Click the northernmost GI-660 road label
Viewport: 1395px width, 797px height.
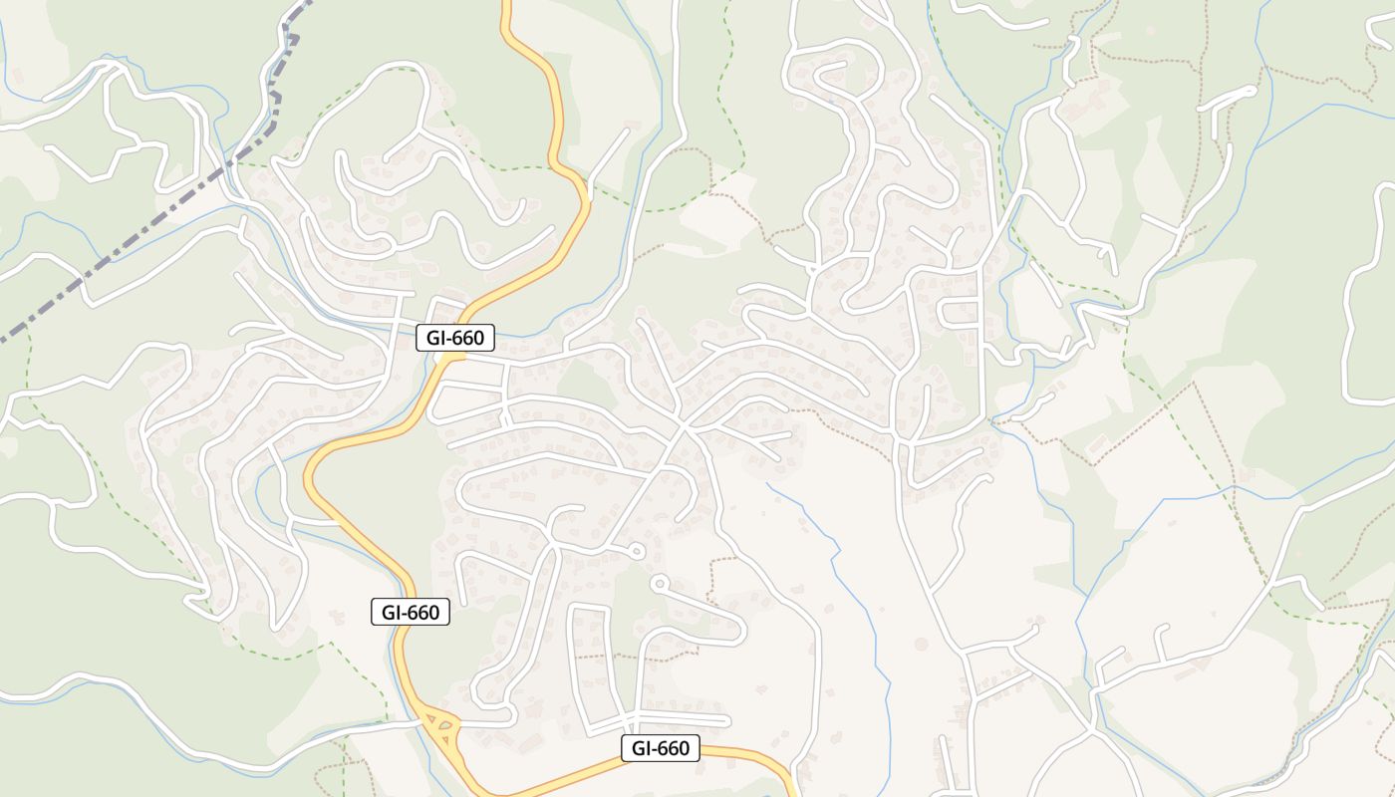coord(455,338)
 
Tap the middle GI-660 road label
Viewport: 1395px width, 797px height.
coord(411,612)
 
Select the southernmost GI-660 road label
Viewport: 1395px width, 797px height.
coord(661,748)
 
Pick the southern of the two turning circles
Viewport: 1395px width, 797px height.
coord(659,582)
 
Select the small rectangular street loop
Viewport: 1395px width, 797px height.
coord(961,312)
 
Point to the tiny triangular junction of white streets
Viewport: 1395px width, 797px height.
coord(813,268)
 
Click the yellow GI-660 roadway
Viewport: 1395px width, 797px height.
coord(558,120)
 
